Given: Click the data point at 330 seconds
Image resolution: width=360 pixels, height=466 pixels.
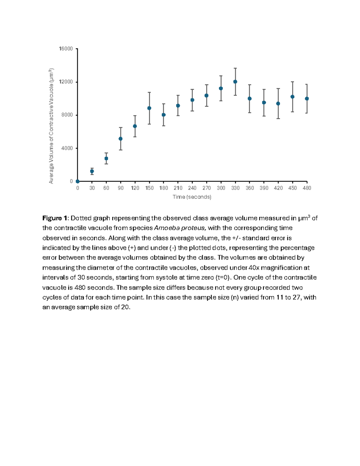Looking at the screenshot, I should pos(235,82).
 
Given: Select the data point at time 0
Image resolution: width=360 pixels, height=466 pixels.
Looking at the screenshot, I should pos(78,181).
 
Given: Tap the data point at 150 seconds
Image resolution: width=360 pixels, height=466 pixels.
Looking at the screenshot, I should pos(149,108).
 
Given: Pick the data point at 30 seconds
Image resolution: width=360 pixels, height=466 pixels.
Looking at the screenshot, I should pos(92,171).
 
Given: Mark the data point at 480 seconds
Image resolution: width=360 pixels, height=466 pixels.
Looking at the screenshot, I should pos(307,99).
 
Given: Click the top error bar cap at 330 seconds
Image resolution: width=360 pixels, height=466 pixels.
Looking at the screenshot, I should pos(235,68).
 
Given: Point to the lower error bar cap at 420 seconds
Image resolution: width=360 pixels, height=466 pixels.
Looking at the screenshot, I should pos(278,119).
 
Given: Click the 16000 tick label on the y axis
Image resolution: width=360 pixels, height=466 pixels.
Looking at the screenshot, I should pos(66,49).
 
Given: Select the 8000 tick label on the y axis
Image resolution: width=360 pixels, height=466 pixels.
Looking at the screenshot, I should pos(67,115).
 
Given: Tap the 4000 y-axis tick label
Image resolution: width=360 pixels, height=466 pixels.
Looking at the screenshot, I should pos(67,148).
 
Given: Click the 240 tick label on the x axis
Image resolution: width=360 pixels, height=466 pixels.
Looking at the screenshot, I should pos(192,188).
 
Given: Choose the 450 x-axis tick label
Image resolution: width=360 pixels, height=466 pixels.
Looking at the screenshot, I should pos(292,188).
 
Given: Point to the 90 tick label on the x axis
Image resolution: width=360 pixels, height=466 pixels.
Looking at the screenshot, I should pos(121,188).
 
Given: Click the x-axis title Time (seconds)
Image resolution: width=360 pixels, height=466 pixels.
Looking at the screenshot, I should pos(192,197).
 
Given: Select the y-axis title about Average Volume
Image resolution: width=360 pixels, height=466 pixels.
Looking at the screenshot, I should pos(51,126).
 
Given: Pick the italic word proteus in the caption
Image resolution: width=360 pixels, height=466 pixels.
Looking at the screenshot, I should pos(195,228).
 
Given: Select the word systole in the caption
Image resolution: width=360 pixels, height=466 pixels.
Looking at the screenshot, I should pos(166,278).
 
